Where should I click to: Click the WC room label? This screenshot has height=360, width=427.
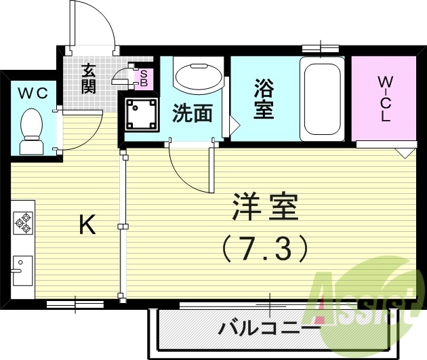[32, 94]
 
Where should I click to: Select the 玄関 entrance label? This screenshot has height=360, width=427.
[88, 77]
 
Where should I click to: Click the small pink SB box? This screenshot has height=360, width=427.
[143, 79]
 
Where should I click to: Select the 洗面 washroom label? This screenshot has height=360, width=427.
[191, 113]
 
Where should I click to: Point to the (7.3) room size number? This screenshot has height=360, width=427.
[265, 249]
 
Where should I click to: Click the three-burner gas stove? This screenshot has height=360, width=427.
[23, 223]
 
